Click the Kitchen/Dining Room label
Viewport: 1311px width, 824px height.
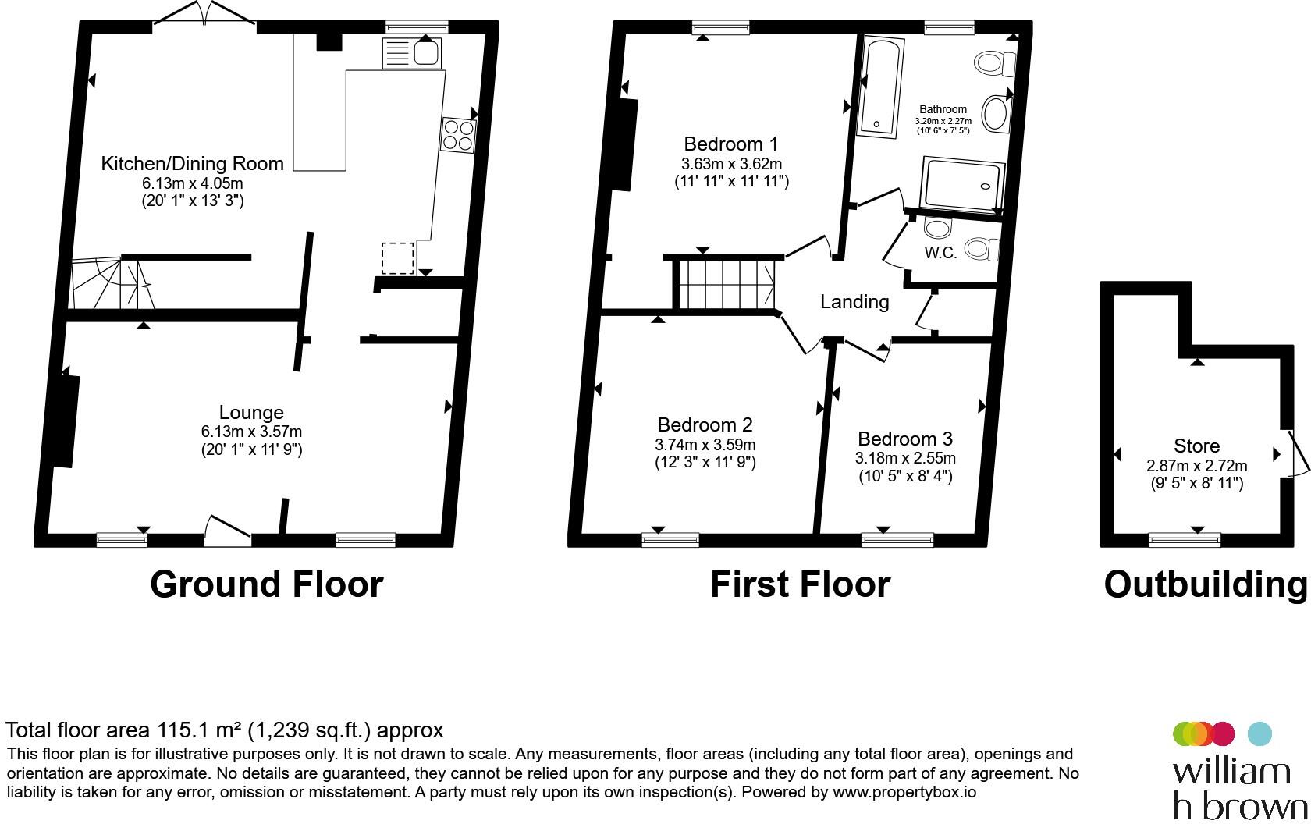point(193,163)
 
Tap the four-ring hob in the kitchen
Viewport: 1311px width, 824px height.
point(457,135)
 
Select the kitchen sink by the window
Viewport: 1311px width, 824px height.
point(412,53)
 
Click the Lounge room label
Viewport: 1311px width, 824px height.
point(251,413)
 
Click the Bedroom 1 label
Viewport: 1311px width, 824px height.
point(731,144)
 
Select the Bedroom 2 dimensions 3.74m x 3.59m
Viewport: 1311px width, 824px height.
point(705,445)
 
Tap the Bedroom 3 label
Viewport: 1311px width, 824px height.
point(905,439)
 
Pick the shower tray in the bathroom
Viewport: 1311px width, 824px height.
point(962,183)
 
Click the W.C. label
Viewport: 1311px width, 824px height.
point(940,253)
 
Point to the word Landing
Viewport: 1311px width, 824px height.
point(854,302)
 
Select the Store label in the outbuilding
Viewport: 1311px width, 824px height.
point(1197,446)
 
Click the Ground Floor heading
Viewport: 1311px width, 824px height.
point(267,584)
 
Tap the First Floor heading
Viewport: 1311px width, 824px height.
point(800,584)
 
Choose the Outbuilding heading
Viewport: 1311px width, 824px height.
point(1205,584)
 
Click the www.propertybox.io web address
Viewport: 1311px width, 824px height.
point(904,793)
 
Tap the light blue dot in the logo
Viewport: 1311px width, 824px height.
point(1259,733)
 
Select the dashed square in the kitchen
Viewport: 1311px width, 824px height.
point(398,258)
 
